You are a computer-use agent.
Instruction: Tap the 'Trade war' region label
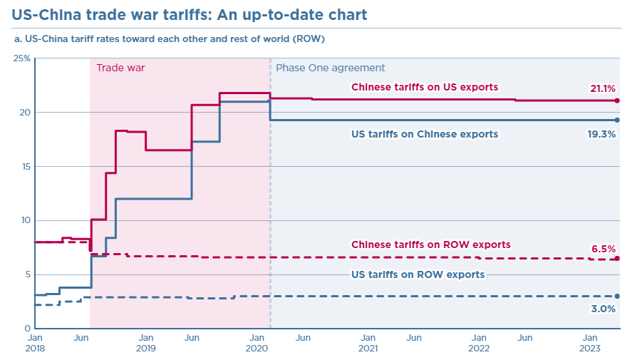pyautogui.click(x=120, y=68)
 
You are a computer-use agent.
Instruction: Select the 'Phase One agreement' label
pyautogui.click(x=330, y=68)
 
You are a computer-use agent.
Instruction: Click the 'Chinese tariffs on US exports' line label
pyautogui.click(x=425, y=87)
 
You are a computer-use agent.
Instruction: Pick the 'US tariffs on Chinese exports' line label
pyautogui.click(x=425, y=133)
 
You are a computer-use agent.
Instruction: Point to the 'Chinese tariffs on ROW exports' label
pyautogui.click(x=431, y=245)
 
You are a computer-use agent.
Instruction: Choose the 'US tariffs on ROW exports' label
pyautogui.click(x=418, y=274)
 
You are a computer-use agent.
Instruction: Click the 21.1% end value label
pyautogui.click(x=602, y=88)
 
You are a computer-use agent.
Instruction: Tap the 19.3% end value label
pyautogui.click(x=602, y=133)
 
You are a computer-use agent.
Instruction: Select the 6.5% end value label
pyautogui.click(x=604, y=249)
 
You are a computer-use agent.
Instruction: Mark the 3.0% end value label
pyautogui.click(x=604, y=309)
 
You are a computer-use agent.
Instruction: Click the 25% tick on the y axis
pyautogui.click(x=22, y=58)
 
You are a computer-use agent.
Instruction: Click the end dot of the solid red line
pyautogui.click(x=617, y=101)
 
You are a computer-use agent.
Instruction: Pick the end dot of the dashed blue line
pyautogui.click(x=617, y=296)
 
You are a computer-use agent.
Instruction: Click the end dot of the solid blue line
pyautogui.click(x=617, y=120)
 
